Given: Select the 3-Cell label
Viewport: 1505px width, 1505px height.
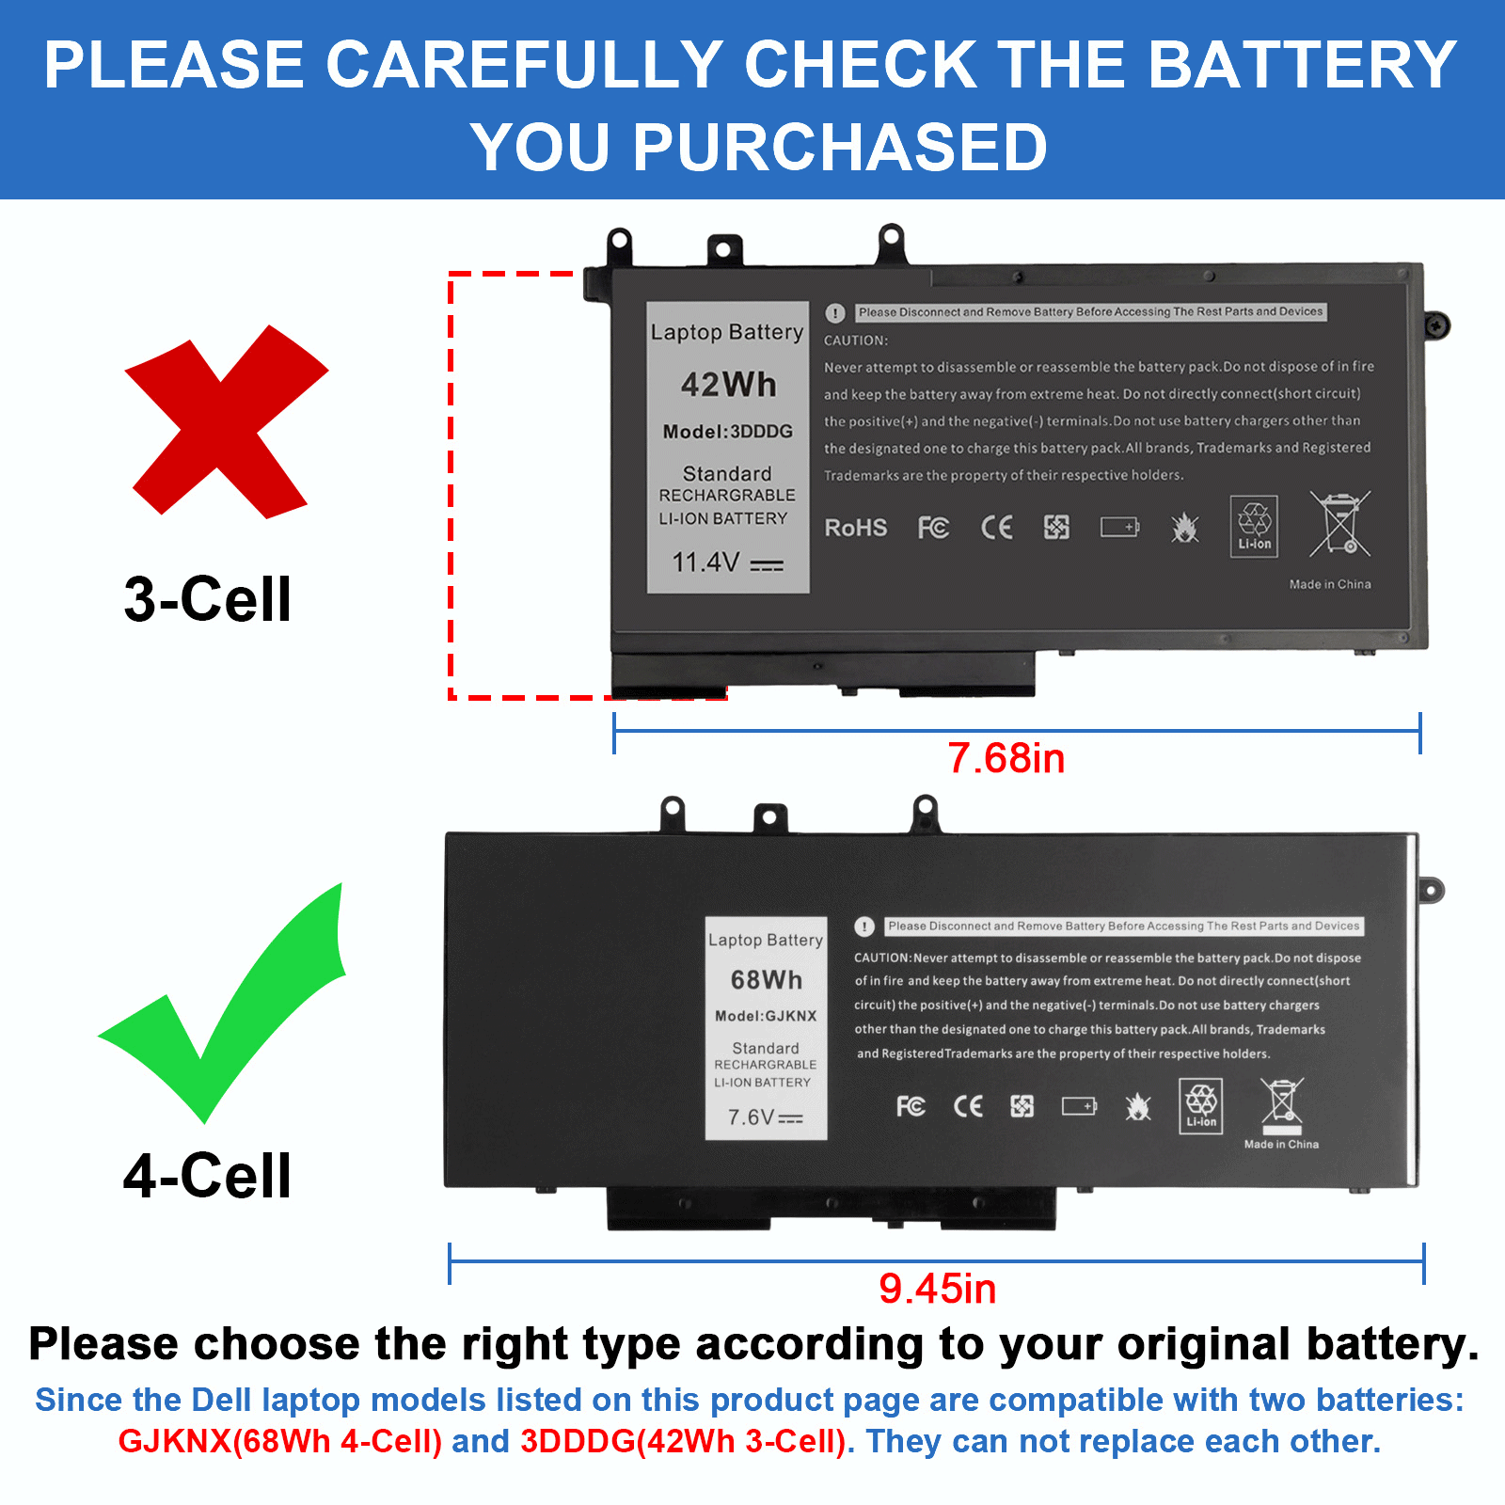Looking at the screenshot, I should click(207, 599).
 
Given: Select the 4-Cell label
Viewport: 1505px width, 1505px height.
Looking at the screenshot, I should click(207, 1176).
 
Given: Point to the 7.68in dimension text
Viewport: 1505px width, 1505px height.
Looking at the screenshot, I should click(1006, 758).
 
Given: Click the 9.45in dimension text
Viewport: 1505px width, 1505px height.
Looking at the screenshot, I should click(937, 1289).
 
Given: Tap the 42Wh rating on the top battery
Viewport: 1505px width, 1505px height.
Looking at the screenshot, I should click(728, 385).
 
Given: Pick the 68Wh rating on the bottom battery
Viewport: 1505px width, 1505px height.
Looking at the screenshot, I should click(767, 980).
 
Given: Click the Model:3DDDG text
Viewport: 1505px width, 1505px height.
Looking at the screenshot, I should click(727, 432).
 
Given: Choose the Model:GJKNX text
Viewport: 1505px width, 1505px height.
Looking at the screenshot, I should click(766, 1016).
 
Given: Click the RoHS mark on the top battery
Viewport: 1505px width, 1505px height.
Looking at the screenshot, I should click(855, 528).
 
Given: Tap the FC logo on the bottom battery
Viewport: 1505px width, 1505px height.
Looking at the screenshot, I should click(911, 1106).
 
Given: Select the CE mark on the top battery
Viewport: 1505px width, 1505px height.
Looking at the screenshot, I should click(996, 528).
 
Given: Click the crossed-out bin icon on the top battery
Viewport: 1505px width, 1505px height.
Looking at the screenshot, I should click(1340, 523).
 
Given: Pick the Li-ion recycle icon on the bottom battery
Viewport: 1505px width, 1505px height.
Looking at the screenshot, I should click(1201, 1105).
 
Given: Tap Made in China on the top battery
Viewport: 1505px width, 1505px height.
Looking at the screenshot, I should click(1329, 584).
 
